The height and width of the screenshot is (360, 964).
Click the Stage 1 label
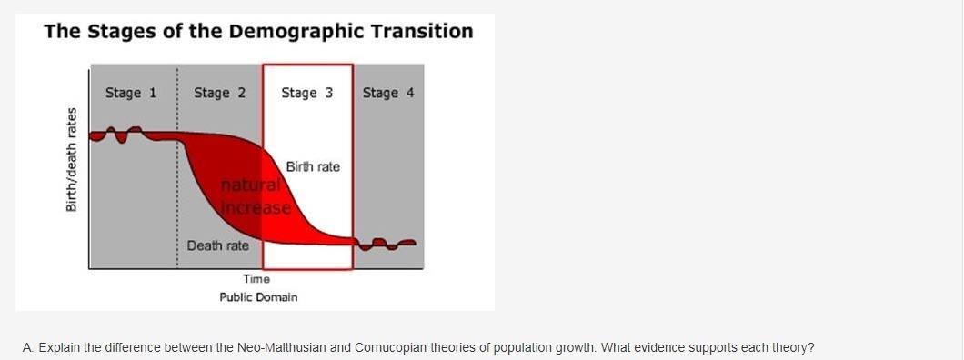[131, 93]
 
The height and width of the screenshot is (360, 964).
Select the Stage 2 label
[219, 93]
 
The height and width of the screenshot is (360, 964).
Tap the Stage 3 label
[306, 93]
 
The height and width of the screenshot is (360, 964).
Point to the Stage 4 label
[388, 93]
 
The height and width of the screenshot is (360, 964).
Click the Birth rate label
[312, 167]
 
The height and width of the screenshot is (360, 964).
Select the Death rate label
[218, 245]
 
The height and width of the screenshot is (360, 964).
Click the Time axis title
[256, 279]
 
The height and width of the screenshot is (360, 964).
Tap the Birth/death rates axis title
[72, 160]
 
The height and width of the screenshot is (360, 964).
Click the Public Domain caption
[258, 297]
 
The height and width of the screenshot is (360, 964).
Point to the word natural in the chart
[251, 185]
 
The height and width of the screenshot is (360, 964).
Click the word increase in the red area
[256, 207]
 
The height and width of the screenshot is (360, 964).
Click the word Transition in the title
[421, 31]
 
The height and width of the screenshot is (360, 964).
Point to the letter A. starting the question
[29, 347]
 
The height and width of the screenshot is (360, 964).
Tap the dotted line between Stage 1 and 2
[177, 166]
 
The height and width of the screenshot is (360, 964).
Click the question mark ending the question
[811, 347]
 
